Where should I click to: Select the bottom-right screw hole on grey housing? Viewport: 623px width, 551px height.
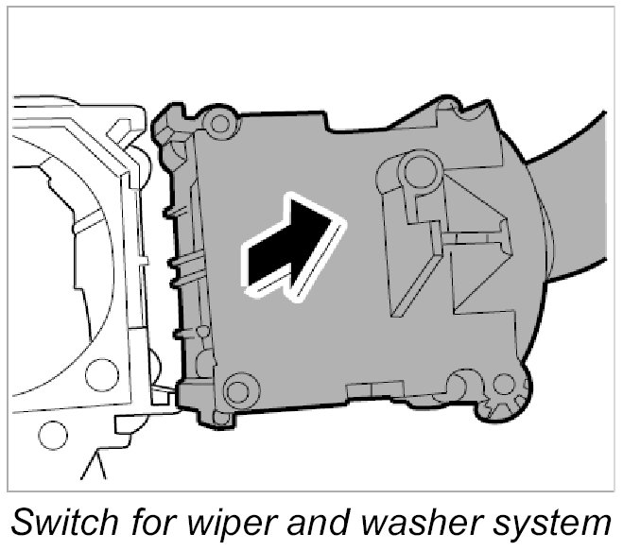pos(505,384)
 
